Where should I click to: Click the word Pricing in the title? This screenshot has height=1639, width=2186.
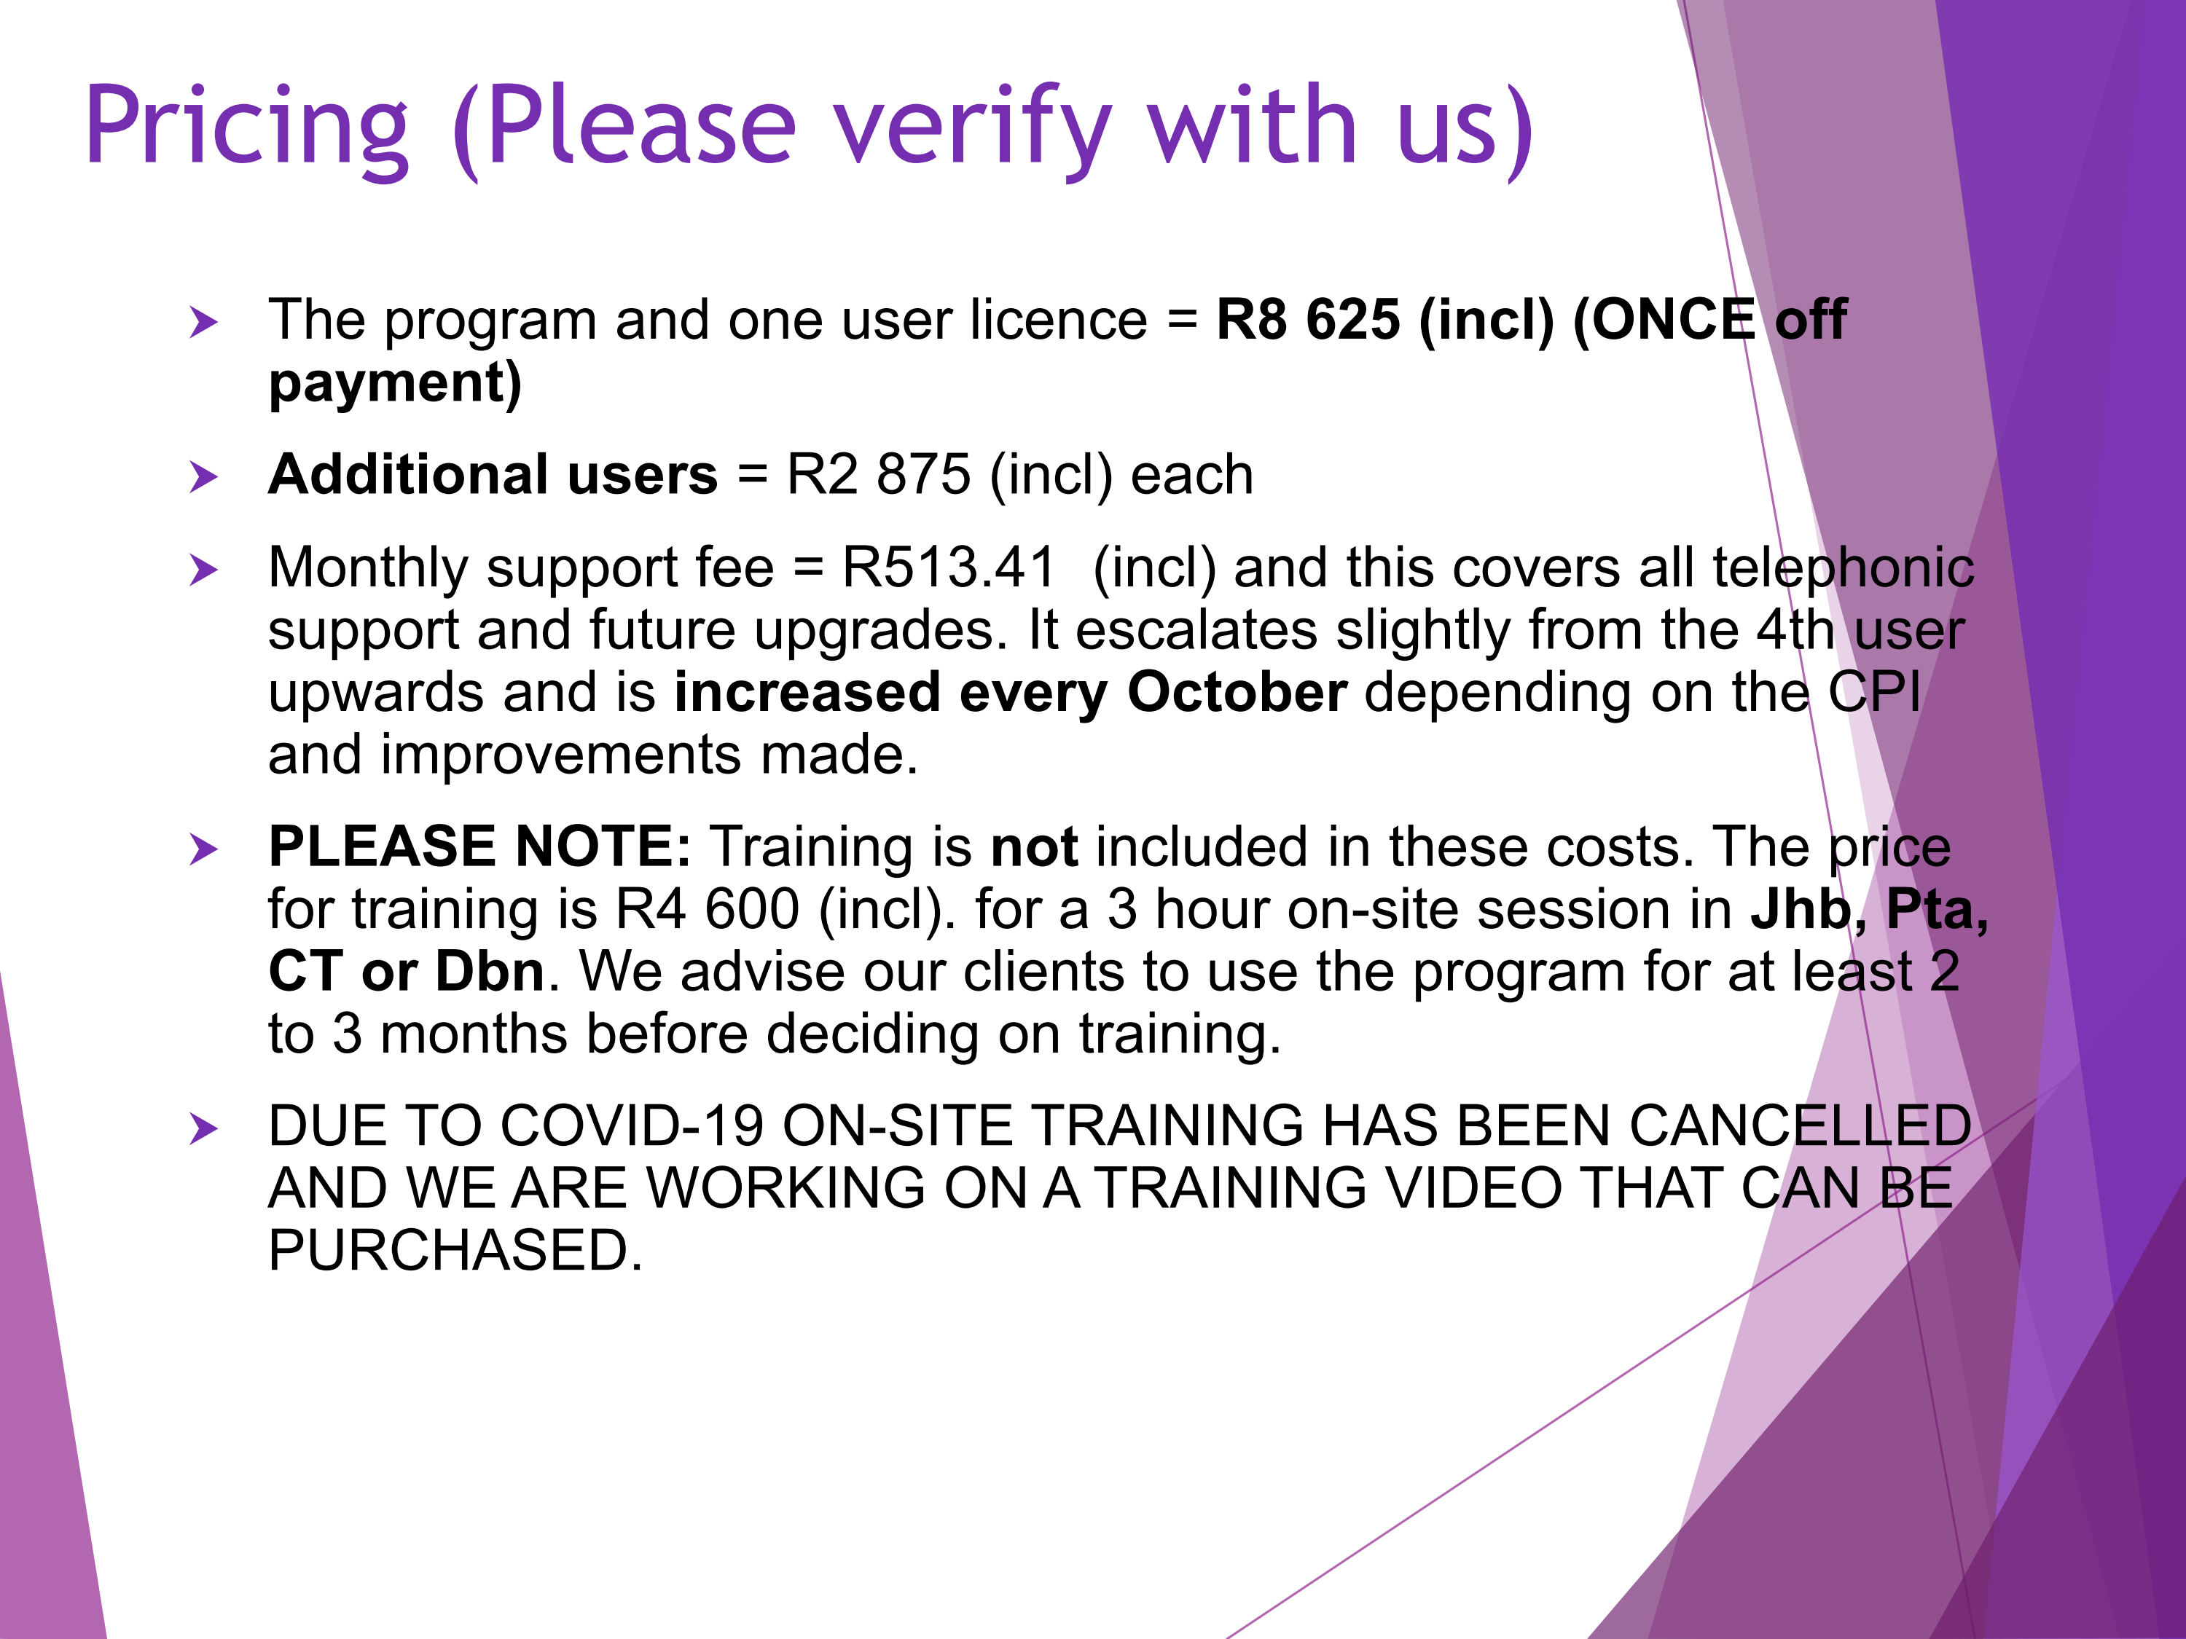click(247, 127)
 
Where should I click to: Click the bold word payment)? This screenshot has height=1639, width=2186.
click(395, 385)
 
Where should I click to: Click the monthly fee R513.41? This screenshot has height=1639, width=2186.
click(949, 568)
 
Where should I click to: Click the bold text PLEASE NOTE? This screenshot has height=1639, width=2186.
click(480, 848)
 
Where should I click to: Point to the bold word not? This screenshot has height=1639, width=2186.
click(1034, 848)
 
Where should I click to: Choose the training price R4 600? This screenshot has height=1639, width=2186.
click(708, 909)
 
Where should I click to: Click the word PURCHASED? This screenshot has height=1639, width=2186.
click(455, 1251)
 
